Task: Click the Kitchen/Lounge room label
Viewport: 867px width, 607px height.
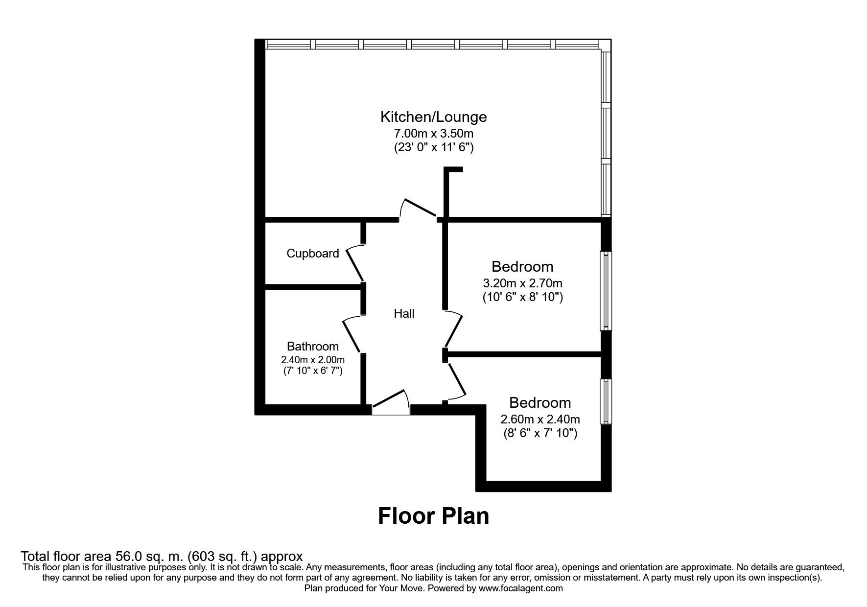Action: click(x=433, y=117)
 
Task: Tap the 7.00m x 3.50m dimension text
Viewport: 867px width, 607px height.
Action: click(x=433, y=133)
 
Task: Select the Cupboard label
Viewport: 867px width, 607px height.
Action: click(x=312, y=254)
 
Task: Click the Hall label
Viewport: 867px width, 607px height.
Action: click(x=404, y=314)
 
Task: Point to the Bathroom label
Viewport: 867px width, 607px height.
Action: click(x=312, y=347)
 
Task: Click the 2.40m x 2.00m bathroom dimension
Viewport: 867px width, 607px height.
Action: click(x=312, y=359)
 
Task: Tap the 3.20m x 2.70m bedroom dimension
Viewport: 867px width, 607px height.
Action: click(x=522, y=283)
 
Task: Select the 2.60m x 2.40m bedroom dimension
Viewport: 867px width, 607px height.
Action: click(x=540, y=420)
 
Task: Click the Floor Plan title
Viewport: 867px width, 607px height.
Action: click(x=433, y=516)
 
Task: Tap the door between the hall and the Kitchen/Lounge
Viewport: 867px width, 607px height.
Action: click(x=418, y=209)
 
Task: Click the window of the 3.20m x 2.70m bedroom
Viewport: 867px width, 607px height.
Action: click(x=606, y=291)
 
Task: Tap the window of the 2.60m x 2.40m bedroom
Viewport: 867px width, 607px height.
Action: click(x=606, y=401)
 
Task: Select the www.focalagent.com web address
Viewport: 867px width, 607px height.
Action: click(x=521, y=588)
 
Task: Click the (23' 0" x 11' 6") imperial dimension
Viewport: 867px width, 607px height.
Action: click(x=433, y=147)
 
